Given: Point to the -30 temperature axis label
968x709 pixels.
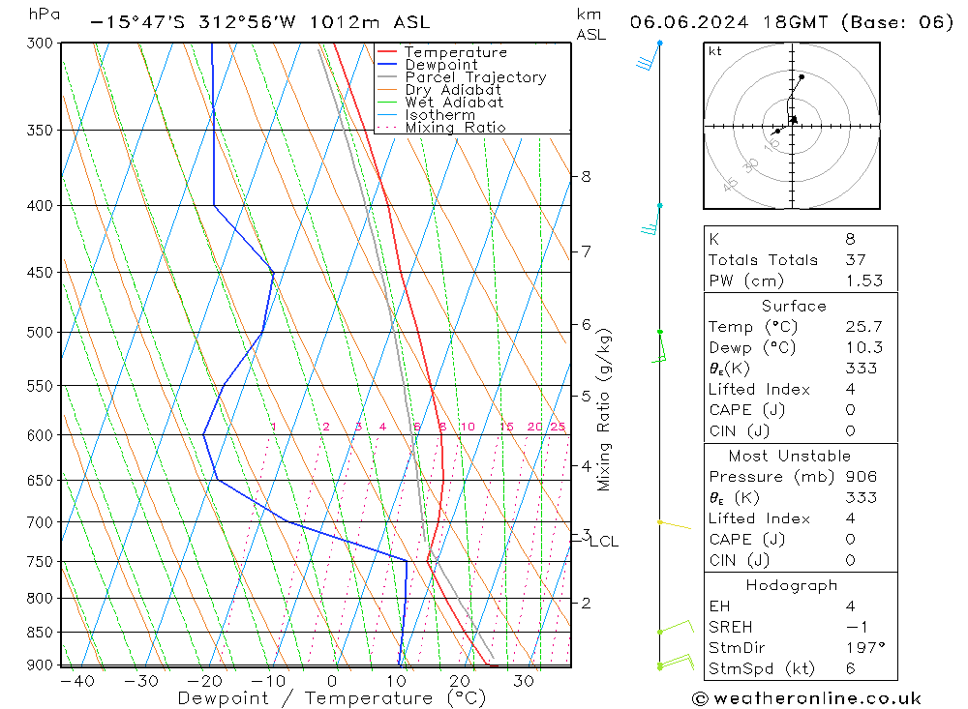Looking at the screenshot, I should tap(141, 681).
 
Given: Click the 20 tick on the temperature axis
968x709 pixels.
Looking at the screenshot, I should tap(460, 681).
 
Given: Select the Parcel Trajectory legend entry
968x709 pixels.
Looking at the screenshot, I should tap(475, 77).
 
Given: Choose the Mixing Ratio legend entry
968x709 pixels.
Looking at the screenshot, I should tap(455, 127).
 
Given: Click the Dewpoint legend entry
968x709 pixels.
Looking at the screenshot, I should tap(440, 65).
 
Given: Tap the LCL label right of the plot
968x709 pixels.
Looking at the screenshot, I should tap(603, 542).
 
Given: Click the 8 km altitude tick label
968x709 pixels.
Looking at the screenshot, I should tap(586, 176).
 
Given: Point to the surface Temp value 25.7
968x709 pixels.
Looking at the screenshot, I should tap(863, 327).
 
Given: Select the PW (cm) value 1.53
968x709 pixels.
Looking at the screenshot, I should tap(863, 281).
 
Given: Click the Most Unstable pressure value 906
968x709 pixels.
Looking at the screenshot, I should tap(861, 477).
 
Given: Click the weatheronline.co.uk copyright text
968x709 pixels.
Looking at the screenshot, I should tap(806, 698).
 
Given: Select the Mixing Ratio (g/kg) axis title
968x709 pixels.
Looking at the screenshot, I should tap(605, 409).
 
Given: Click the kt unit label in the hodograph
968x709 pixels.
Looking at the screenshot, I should tap(714, 51).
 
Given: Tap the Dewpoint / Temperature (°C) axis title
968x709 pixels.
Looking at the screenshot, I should tap(331, 697).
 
